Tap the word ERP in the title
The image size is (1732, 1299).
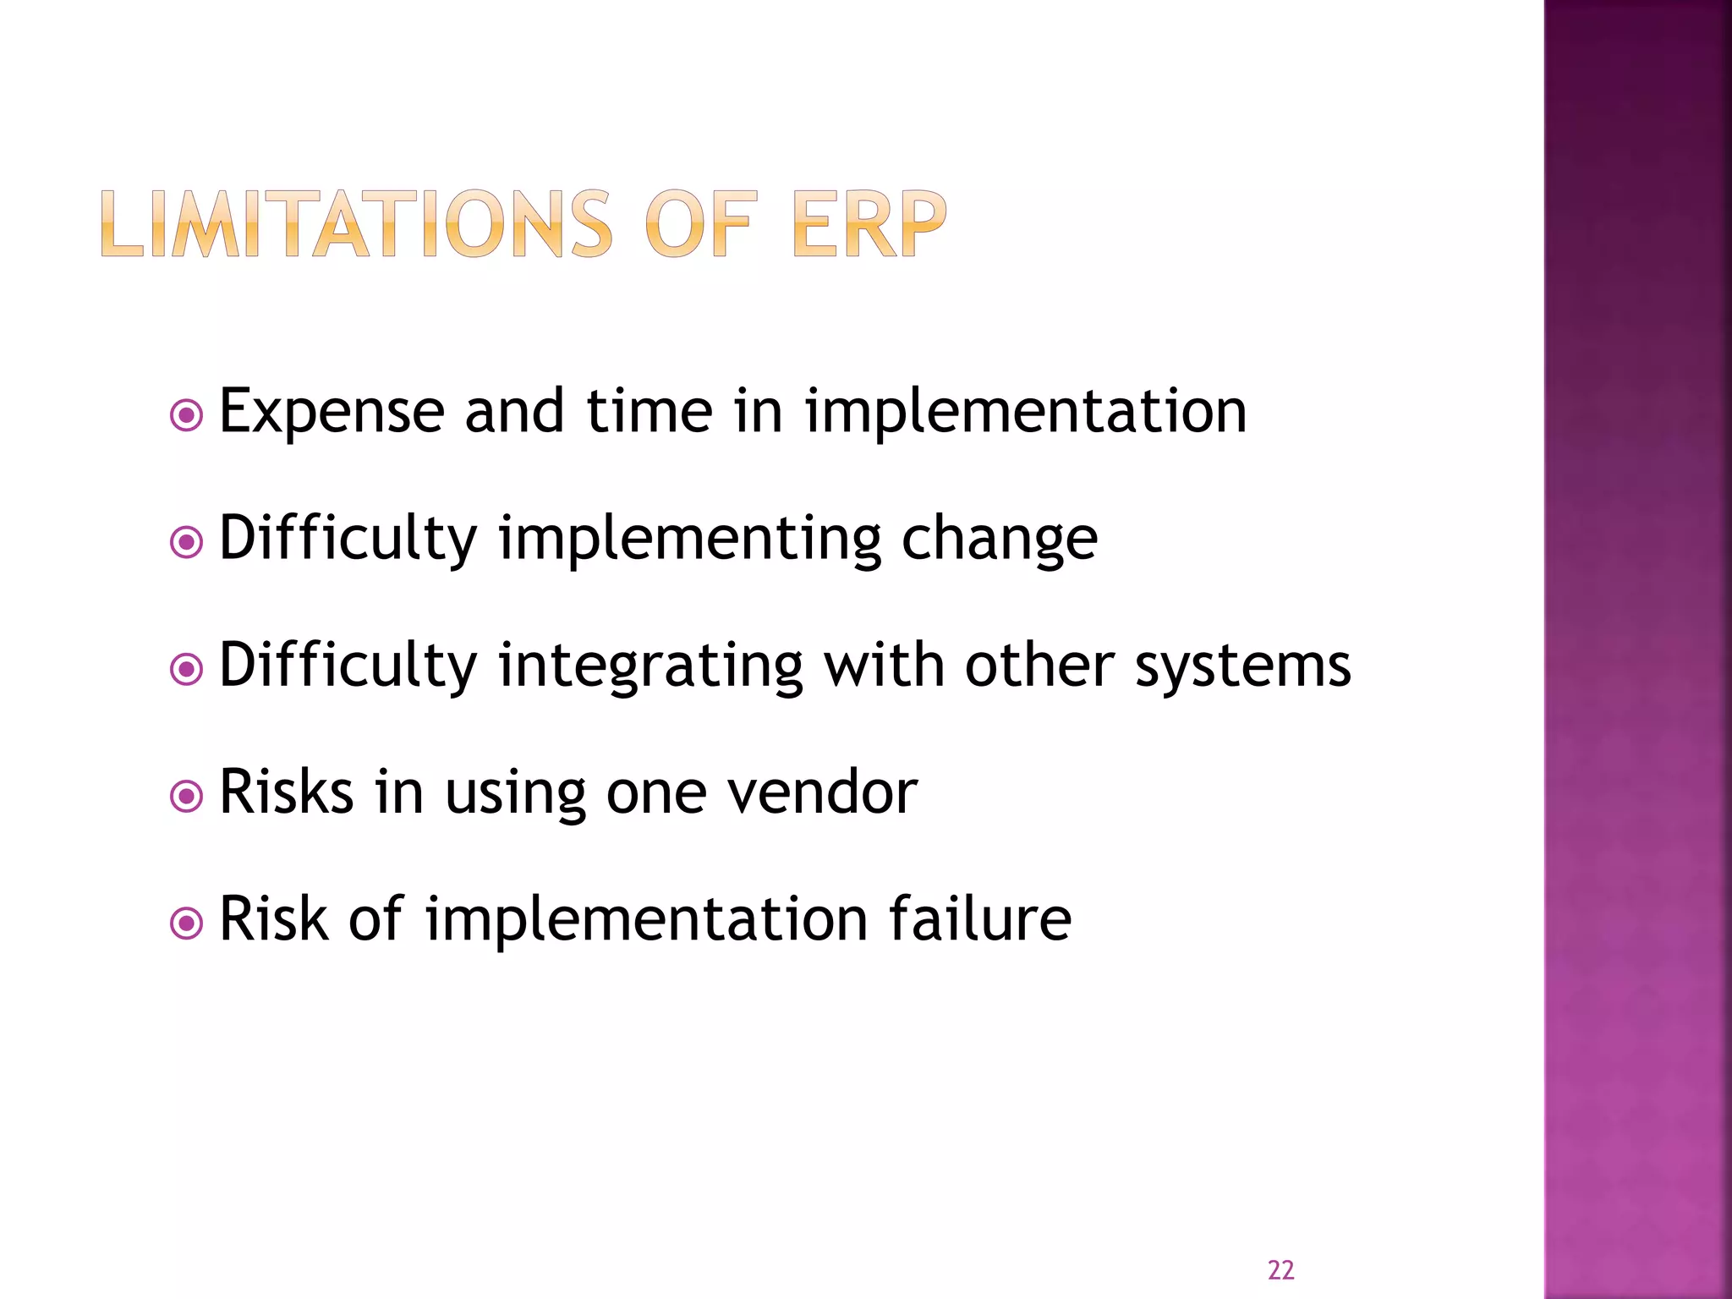click(x=869, y=224)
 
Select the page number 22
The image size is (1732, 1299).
click(x=1280, y=1269)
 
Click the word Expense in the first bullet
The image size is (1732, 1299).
click(x=332, y=412)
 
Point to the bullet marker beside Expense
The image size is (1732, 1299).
click(x=186, y=415)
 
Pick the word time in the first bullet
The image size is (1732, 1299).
click(x=649, y=412)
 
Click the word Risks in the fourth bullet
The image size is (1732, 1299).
click(x=286, y=792)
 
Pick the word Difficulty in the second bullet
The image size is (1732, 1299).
click(x=348, y=540)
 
